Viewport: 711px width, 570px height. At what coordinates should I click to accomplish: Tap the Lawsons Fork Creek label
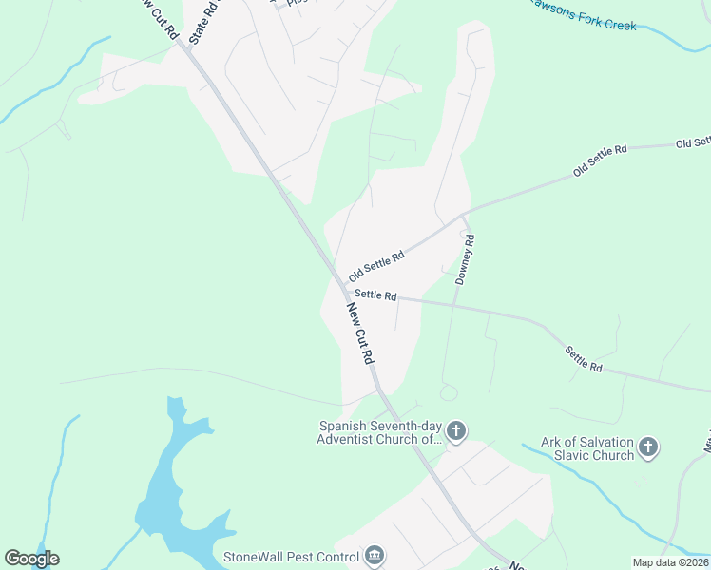coord(582,19)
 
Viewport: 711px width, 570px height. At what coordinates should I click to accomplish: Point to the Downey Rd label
coord(465,260)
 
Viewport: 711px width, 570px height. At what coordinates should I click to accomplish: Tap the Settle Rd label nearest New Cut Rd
coord(375,295)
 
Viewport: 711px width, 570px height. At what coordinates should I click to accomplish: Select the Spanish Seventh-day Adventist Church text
coord(381,432)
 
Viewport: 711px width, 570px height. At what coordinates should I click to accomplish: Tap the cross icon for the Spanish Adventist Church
coord(456,432)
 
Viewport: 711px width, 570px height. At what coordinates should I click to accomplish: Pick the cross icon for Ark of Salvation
coord(648,447)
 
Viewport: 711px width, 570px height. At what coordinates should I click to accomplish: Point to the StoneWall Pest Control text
coord(289,556)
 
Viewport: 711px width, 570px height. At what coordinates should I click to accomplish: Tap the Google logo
coord(31,559)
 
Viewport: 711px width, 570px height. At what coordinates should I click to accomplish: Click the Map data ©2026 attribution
coord(669,562)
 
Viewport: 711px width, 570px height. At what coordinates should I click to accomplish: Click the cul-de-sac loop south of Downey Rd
coord(449,391)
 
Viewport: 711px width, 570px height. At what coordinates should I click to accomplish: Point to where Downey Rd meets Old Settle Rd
coord(464,216)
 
